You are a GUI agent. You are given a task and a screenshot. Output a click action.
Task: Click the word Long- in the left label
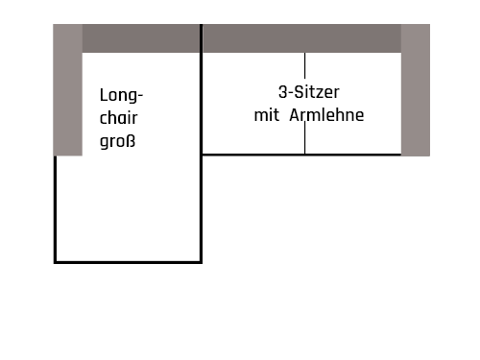(x=121, y=96)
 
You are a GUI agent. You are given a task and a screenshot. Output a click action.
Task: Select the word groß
(x=117, y=142)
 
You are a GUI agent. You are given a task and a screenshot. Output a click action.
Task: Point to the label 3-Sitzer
(x=308, y=93)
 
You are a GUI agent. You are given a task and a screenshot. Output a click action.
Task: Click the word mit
(x=265, y=115)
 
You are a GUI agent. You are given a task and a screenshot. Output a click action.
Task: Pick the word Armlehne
(x=325, y=115)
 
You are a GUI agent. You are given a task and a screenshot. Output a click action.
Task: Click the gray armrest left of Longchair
(x=67, y=90)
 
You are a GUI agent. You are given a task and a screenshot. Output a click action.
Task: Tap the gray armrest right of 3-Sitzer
(x=415, y=90)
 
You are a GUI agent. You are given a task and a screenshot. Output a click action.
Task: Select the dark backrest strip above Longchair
(x=140, y=38)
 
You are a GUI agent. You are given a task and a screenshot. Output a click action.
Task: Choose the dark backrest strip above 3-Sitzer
(x=301, y=38)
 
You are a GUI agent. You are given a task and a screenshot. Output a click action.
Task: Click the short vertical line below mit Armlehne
(x=305, y=140)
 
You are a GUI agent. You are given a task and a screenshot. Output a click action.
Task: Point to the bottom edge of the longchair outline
(x=127, y=260)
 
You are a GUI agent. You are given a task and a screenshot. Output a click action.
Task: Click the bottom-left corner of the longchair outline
(x=55, y=260)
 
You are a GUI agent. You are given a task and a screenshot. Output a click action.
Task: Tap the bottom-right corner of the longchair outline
(x=201, y=260)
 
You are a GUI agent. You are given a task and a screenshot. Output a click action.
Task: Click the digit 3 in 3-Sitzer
(x=282, y=93)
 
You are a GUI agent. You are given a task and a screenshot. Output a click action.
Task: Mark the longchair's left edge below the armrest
(x=55, y=207)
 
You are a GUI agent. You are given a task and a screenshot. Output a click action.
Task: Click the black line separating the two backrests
(x=201, y=38)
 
